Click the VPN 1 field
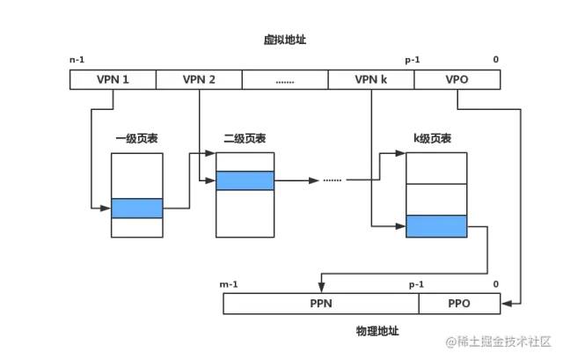[x=113, y=79]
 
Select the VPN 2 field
[x=199, y=79]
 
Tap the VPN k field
[x=370, y=79]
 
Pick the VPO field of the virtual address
[x=457, y=79]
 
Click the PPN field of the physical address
[x=320, y=304]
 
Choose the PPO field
[x=458, y=304]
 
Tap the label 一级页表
[x=136, y=139]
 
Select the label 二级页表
[x=245, y=139]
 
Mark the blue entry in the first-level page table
[x=137, y=208]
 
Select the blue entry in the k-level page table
[x=435, y=226]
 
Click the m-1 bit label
[x=230, y=284]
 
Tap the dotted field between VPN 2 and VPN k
[x=284, y=79]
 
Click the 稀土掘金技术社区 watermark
[x=496, y=341]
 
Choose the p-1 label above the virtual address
[x=412, y=59]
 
